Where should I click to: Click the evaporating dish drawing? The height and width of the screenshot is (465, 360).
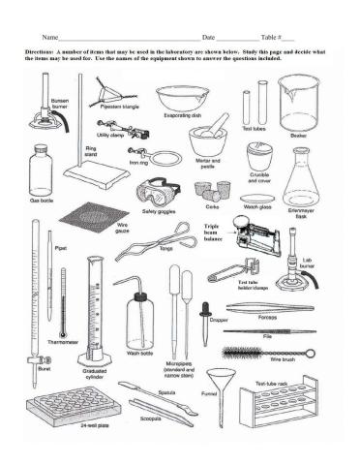tap(182, 98)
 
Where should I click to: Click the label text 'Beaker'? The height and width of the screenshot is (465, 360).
tap(299, 137)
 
